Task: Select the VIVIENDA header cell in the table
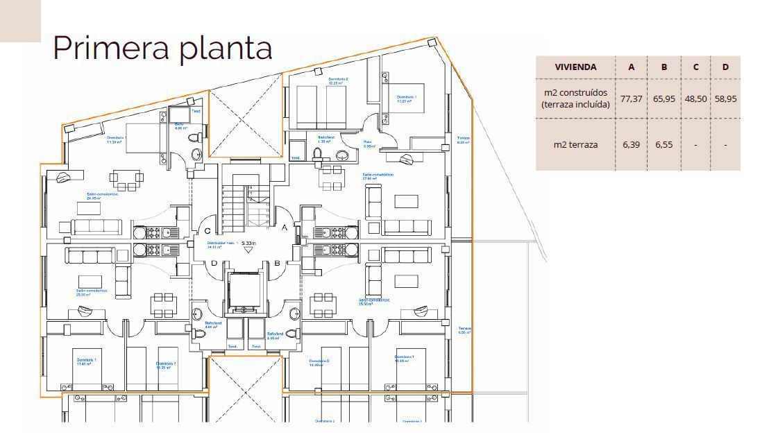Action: tap(575, 67)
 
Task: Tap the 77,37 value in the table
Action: tap(631, 98)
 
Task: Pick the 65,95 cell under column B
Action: tap(664, 98)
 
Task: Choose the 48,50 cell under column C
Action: tap(695, 98)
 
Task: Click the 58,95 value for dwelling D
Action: tap(725, 98)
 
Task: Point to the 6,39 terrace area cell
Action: tap(631, 145)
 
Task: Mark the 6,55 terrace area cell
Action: tap(664, 145)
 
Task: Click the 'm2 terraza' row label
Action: tap(575, 145)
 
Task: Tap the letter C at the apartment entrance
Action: tap(207, 231)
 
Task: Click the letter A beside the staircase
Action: tap(284, 227)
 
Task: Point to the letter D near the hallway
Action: tap(214, 262)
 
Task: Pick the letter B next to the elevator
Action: tap(277, 263)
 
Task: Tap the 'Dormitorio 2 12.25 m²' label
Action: tap(338, 81)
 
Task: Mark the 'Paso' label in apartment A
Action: tap(369, 144)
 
